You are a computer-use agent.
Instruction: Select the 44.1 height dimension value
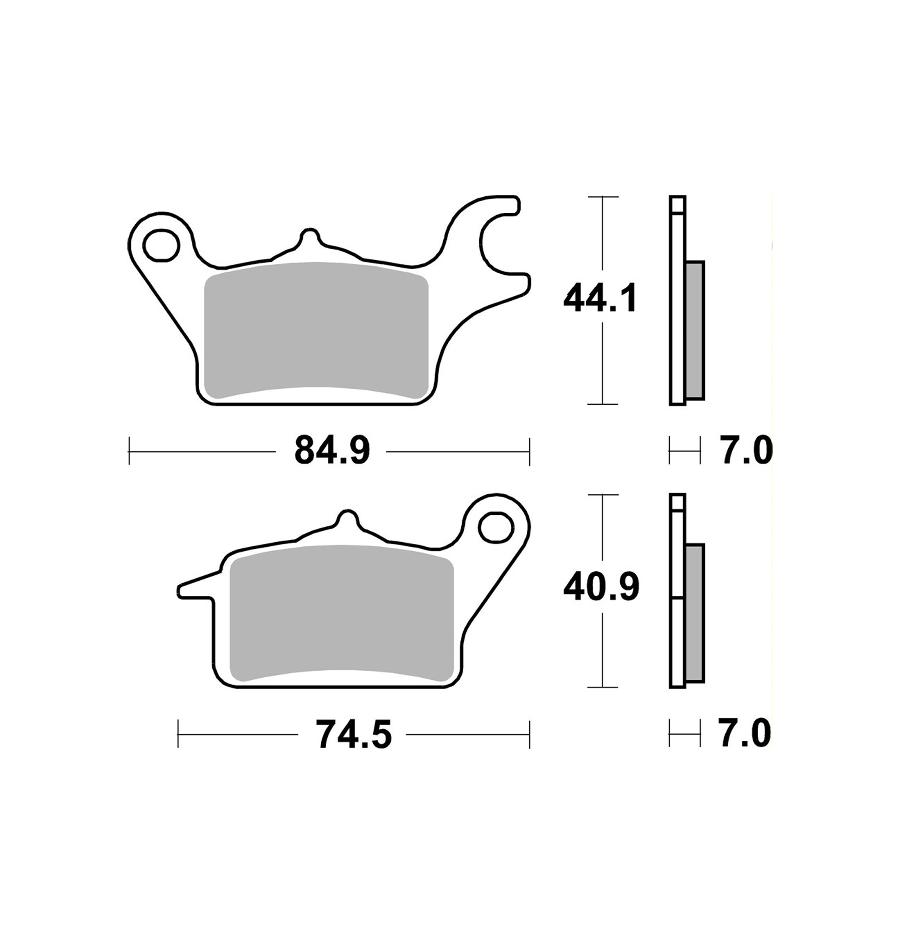600,298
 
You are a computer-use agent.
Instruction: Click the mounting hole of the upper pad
161,246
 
